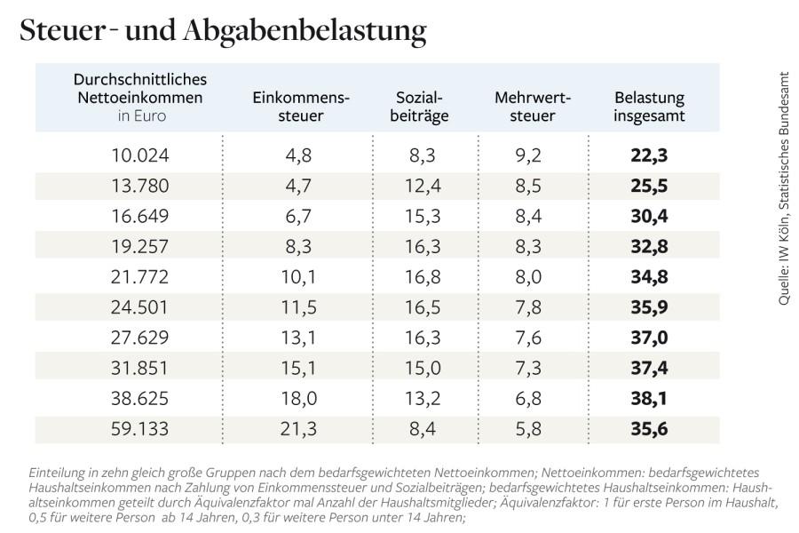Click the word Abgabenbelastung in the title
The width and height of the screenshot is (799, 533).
[x=306, y=31]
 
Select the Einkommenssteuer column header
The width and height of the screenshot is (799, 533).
[x=301, y=107]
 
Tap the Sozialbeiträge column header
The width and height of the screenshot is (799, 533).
[x=419, y=107]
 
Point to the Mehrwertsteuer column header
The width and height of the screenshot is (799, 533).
[x=532, y=107]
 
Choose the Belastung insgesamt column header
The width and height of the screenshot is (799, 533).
[x=649, y=107]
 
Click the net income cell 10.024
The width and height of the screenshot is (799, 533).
[x=140, y=155]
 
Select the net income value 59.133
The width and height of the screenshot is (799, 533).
[x=140, y=428]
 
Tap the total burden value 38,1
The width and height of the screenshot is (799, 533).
[x=649, y=398]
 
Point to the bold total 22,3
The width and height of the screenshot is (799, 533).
[x=649, y=155]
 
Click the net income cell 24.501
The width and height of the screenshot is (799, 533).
[x=140, y=307]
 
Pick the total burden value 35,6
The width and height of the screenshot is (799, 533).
[x=649, y=428]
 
